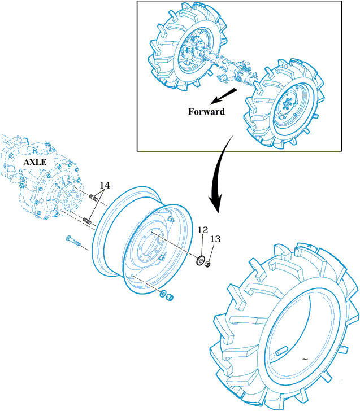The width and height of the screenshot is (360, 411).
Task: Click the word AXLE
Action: click(x=34, y=162)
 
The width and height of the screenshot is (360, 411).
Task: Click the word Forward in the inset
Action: click(x=206, y=111)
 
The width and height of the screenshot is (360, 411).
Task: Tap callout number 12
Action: click(x=202, y=230)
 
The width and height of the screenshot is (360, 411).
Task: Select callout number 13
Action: click(x=215, y=239)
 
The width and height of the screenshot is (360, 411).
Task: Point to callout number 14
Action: click(x=105, y=185)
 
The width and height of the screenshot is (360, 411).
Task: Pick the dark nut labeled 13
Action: click(x=209, y=263)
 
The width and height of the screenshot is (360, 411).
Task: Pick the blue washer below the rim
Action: click(x=163, y=294)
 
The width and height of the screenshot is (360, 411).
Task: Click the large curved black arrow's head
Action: click(x=214, y=204)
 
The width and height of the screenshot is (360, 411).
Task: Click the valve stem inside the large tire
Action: click(x=280, y=353)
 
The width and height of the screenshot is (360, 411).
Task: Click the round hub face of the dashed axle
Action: click(x=70, y=200)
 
